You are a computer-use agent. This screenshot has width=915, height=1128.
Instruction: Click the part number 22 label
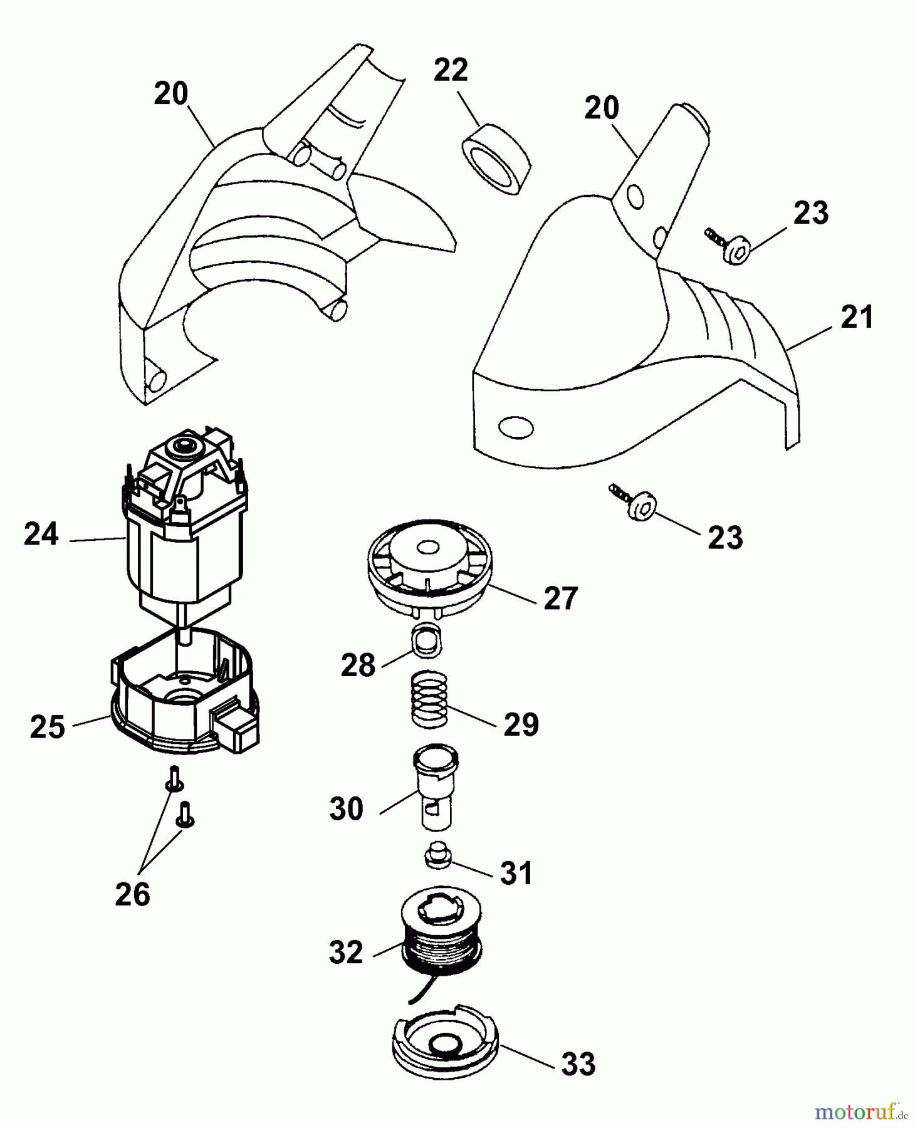451,70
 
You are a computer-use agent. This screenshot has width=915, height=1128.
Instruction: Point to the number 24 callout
41,535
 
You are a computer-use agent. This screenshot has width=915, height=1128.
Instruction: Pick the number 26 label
132,894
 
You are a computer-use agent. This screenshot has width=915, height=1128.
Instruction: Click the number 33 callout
577,1063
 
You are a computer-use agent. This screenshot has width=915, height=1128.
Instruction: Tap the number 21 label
856,318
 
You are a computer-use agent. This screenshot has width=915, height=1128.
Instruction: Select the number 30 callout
346,809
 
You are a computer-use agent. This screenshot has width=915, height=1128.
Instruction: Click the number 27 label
560,598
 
